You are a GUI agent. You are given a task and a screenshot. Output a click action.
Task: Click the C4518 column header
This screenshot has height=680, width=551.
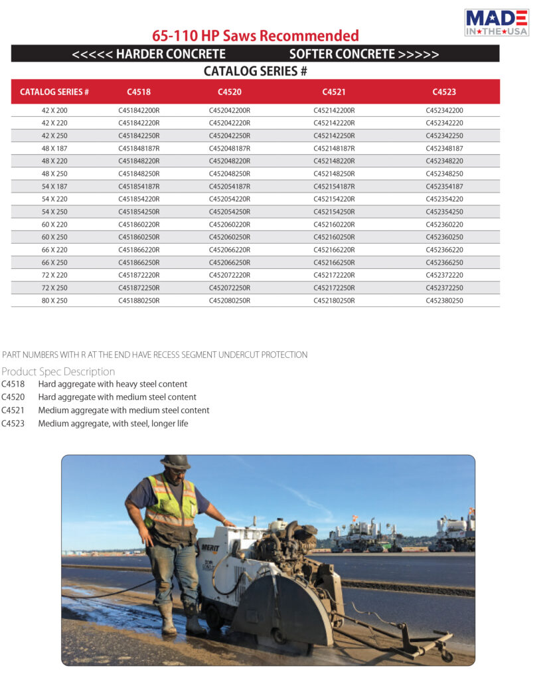coord(139,92)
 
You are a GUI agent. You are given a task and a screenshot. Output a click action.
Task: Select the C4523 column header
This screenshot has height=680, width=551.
coord(444,92)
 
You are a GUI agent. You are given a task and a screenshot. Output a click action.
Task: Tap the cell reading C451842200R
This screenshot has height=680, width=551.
coord(139,110)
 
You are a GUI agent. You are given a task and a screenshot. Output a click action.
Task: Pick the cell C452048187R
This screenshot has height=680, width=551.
coord(230,149)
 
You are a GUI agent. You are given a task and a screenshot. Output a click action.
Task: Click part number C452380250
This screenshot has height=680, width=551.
coord(444,301)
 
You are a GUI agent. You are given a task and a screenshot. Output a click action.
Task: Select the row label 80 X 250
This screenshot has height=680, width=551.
coord(54,301)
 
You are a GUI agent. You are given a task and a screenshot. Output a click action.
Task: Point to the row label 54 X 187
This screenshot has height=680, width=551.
coord(54,187)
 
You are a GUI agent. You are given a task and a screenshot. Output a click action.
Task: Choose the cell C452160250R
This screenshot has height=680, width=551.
coord(334,237)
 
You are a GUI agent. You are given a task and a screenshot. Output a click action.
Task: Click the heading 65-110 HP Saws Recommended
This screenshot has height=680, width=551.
coord(256,36)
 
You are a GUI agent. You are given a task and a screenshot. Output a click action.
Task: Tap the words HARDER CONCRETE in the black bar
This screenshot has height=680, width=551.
coord(171,54)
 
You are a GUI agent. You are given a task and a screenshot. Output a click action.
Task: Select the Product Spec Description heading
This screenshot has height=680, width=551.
coord(58,371)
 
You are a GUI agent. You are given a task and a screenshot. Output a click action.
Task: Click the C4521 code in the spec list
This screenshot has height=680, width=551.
coord(13,410)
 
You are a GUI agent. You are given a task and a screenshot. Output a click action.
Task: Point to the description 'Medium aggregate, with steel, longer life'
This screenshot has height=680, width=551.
coord(113,423)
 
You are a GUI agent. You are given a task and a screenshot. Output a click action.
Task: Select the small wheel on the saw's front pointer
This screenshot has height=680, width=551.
coord(447,655)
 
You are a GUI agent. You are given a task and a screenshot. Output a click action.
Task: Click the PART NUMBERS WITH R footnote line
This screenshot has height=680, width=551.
coord(155,355)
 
